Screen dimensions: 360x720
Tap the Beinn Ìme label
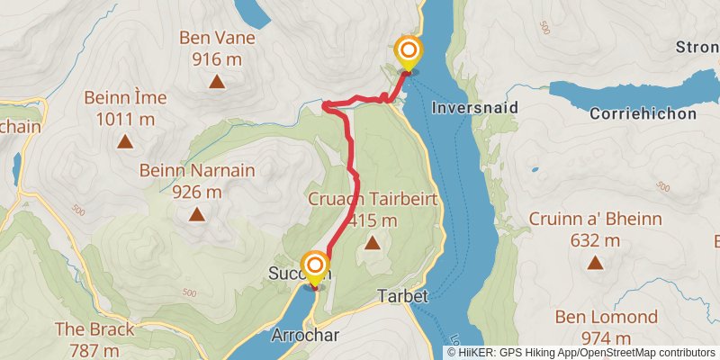tap(120, 97)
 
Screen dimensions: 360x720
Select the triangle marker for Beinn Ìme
tap(125, 141)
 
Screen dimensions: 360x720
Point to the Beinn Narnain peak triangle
tap(196, 214)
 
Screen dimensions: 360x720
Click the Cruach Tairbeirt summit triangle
tap(372, 242)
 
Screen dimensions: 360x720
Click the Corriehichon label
tap(643, 114)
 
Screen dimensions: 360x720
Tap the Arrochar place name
tap(304, 335)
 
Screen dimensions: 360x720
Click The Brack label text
tap(94, 329)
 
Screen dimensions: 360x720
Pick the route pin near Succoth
tap(315, 266)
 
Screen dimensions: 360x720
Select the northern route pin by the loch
tap(408, 50)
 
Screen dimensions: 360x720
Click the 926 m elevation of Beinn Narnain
tap(196, 192)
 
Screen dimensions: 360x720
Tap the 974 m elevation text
tap(606, 337)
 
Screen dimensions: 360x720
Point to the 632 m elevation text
tap(595, 240)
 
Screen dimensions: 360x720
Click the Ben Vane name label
tap(217, 39)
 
